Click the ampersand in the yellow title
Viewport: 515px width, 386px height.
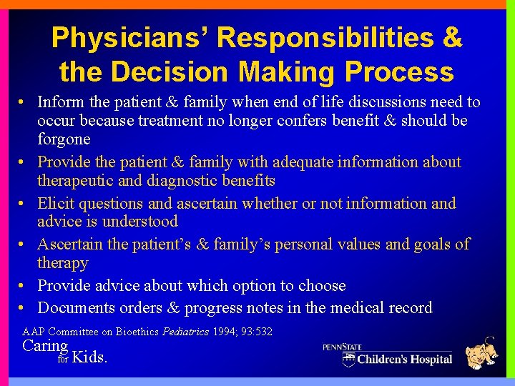[x=453, y=38]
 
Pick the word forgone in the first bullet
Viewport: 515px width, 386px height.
[x=64, y=139]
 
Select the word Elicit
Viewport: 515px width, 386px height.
[x=56, y=204]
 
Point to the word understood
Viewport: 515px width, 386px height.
[x=141, y=222]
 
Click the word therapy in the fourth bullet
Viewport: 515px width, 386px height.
[x=63, y=263]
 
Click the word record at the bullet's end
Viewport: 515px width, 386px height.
[x=408, y=308]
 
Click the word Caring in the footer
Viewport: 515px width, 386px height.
[x=45, y=346]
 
